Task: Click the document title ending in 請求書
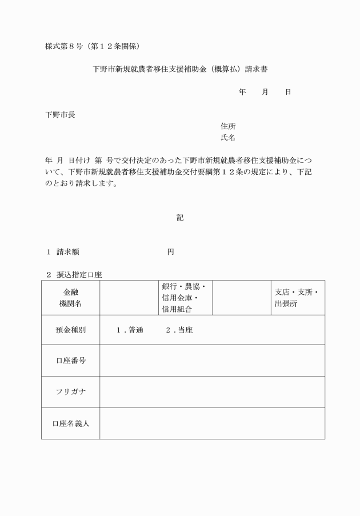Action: tap(181, 70)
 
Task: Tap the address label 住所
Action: tap(228, 126)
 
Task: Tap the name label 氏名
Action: tap(228, 138)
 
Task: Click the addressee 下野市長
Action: tap(60, 114)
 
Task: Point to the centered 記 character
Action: tap(180, 218)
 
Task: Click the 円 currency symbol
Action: tap(170, 251)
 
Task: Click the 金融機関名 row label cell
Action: tap(70, 298)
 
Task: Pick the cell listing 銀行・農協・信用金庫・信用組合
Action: tap(184, 298)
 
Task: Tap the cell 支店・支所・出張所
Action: tap(297, 298)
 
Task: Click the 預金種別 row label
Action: tap(70, 330)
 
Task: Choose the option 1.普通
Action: tap(129, 330)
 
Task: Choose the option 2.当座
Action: tap(179, 330)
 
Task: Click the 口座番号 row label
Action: tap(70, 360)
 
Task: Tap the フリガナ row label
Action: tap(70, 391)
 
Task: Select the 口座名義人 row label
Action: tap(70, 423)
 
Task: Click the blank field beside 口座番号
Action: tap(212, 360)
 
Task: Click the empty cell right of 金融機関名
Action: tap(129, 298)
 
